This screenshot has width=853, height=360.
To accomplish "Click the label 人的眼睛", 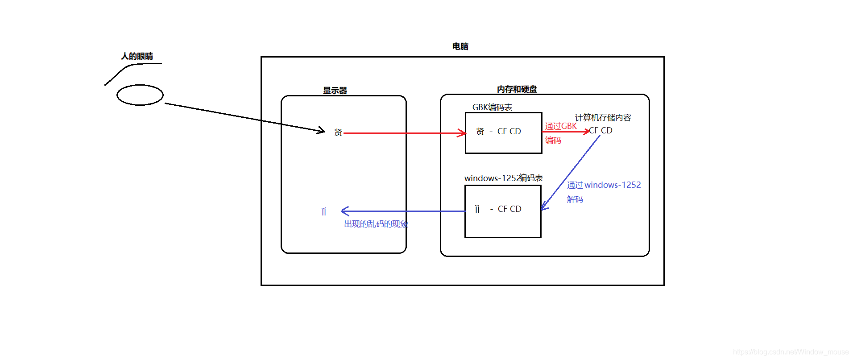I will coord(137,56).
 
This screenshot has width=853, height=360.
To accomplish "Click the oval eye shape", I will coord(140,95).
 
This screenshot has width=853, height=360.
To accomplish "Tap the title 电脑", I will coord(460,46).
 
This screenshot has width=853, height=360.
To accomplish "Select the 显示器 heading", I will coord(335,91).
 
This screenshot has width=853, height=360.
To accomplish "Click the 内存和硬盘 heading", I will coord(517,89).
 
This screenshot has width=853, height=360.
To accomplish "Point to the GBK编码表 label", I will coord(492,107).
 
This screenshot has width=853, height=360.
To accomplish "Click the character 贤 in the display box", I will coord(338,132).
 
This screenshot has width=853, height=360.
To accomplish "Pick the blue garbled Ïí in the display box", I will coord(324,211).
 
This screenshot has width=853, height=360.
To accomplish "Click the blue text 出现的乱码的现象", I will coord(376,224).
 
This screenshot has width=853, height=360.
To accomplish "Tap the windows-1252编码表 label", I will coord(503,178).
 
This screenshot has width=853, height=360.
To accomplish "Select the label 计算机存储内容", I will coord(603,117).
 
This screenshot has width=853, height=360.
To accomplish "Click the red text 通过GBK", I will coord(561,126).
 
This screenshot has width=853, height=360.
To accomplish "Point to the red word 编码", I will coord(553,141).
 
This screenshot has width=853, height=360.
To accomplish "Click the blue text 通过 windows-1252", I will coord(604,185).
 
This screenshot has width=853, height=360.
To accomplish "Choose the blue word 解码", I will coord(575,199).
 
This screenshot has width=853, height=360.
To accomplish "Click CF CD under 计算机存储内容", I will coord(601,131).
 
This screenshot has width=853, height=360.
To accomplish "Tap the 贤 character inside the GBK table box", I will coord(480,132).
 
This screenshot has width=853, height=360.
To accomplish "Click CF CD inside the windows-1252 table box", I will coord(509,209).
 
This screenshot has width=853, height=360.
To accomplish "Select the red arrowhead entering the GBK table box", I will coord(462,133).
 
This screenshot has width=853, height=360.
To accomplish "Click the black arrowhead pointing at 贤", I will coord(322,131).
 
